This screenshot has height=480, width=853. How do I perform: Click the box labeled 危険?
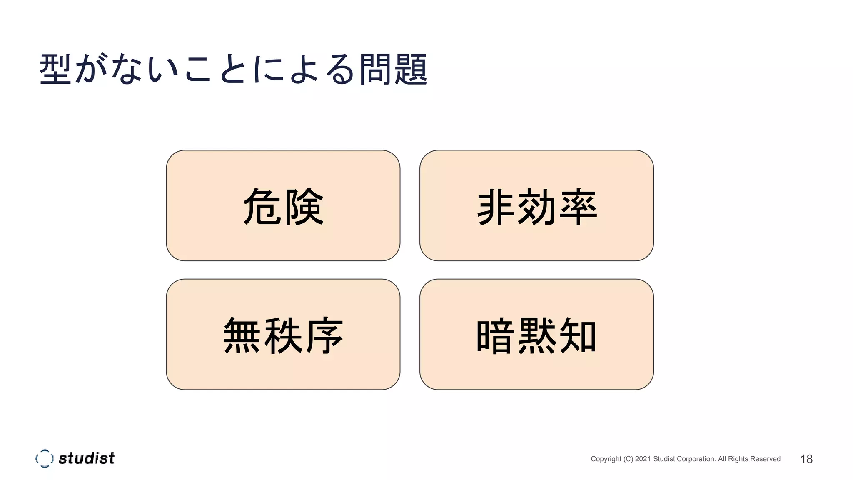pyautogui.click(x=283, y=205)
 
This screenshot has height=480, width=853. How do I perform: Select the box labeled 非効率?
pyautogui.click(x=536, y=205)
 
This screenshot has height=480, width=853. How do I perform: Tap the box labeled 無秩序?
pyautogui.click(x=283, y=334)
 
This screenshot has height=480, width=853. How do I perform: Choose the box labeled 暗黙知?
pyautogui.click(x=536, y=334)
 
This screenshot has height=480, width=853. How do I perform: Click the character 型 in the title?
pyautogui.click(x=55, y=69)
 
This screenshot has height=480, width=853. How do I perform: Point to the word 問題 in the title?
pyautogui.click(x=393, y=69)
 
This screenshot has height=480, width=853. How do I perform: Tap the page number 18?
pyautogui.click(x=806, y=459)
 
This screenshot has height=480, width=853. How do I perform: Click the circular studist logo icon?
pyautogui.click(x=44, y=458)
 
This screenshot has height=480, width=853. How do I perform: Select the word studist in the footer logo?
pyautogui.click(x=86, y=458)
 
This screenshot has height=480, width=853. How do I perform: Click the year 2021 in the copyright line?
pyautogui.click(x=643, y=459)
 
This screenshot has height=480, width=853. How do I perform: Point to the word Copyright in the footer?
pyautogui.click(x=606, y=459)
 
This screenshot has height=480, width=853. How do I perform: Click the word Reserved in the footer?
pyautogui.click(x=765, y=459)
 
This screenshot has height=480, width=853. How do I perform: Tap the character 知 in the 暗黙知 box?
pyautogui.click(x=578, y=335)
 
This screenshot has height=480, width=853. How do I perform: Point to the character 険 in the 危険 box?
pyautogui.click(x=304, y=207)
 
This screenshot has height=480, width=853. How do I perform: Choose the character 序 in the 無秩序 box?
pyautogui.click(x=324, y=335)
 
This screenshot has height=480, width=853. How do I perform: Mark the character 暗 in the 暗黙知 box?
pyautogui.click(x=495, y=335)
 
